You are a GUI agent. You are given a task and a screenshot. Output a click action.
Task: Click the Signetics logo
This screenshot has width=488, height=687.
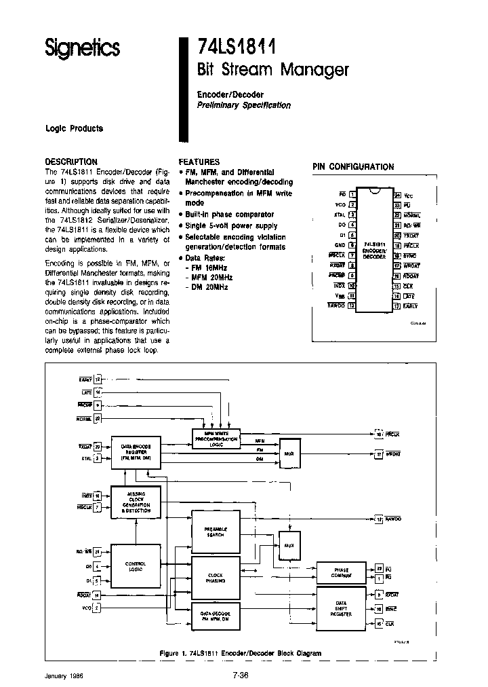82,48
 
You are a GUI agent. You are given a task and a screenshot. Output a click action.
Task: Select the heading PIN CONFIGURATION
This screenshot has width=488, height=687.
352,166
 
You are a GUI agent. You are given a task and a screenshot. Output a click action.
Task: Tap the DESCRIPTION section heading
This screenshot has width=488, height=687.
70,162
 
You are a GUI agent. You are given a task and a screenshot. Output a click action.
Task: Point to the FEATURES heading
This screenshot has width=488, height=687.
199,162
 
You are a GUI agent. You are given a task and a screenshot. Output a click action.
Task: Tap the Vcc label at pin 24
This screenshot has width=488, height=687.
409,196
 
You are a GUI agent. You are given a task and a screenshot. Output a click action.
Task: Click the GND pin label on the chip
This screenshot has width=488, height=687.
340,245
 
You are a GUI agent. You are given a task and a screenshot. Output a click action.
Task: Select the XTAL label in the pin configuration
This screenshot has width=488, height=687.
340,214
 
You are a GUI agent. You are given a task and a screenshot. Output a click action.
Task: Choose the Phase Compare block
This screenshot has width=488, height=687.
342,572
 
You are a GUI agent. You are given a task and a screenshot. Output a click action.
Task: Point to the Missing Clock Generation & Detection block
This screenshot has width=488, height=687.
136,502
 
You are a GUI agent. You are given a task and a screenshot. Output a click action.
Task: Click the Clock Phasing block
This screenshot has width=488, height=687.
215,578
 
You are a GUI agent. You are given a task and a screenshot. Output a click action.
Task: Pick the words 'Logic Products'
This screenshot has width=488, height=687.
74,129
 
